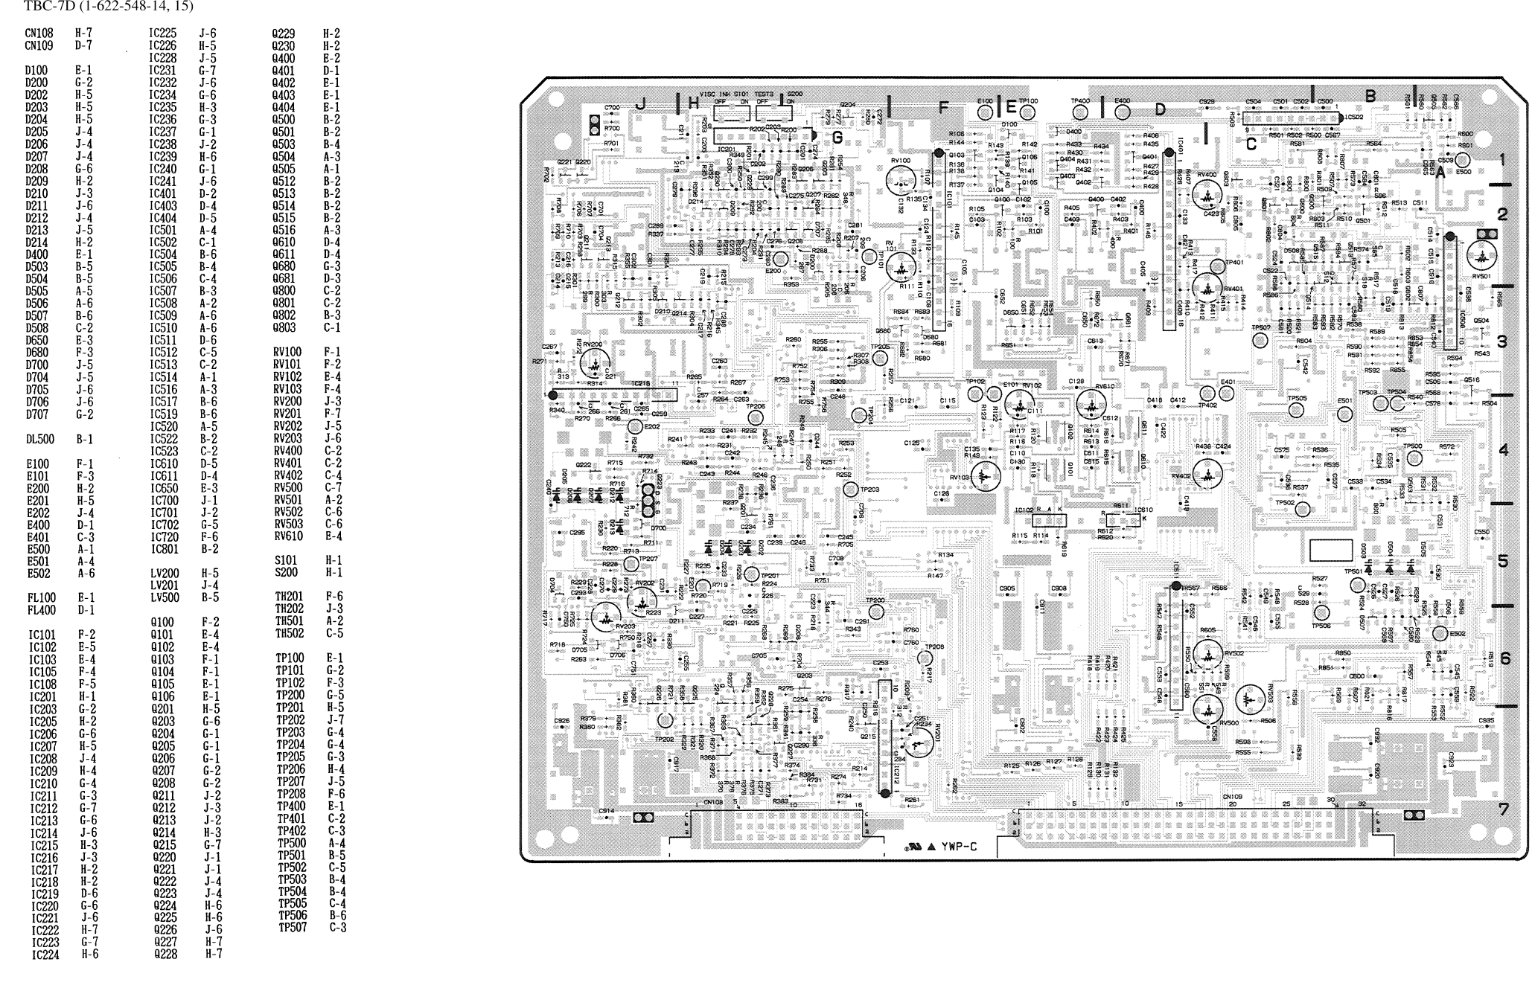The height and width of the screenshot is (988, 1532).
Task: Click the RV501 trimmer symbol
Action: [x=1481, y=257]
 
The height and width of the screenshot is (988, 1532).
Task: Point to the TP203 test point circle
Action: [x=851, y=489]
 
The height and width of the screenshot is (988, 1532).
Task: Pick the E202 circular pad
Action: [x=634, y=426]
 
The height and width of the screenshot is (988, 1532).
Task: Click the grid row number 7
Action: [x=1503, y=809]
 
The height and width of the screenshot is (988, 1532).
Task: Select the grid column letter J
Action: [x=639, y=105]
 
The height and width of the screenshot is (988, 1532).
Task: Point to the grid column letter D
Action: [x=1160, y=110]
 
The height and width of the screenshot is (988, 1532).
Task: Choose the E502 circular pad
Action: [x=1440, y=634]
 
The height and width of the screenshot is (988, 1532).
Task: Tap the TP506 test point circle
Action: [x=1321, y=612]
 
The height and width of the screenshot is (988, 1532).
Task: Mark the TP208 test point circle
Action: [x=925, y=658]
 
